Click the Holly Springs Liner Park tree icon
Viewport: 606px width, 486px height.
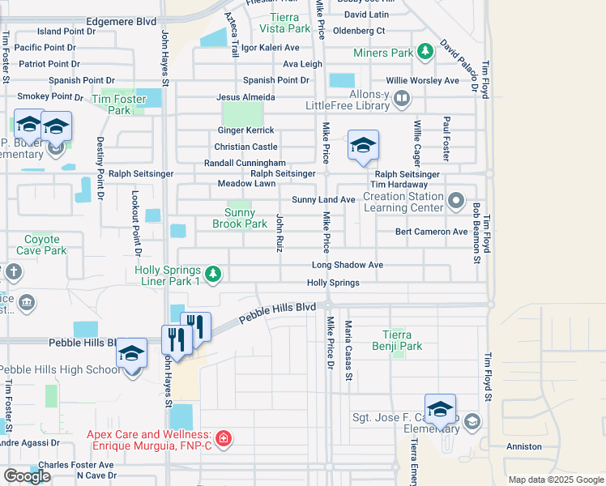[x=213, y=275]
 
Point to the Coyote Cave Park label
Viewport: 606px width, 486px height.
[x=42, y=245]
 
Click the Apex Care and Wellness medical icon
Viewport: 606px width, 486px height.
[x=223, y=440]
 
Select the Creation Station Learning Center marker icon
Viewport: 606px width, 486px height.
[x=457, y=199]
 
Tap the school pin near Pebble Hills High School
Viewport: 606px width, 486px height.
[x=131, y=355]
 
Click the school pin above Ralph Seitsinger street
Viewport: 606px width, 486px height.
[x=363, y=147]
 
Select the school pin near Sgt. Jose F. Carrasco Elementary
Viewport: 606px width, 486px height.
[x=440, y=410]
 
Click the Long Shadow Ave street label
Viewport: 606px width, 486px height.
[x=348, y=265]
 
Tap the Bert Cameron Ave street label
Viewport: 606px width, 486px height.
[x=431, y=232]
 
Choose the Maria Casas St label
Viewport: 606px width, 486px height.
[x=349, y=350]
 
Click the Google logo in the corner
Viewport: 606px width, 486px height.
[x=27, y=476]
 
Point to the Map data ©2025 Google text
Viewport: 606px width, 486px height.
[x=555, y=480]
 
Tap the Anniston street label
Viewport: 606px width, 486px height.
[x=523, y=446]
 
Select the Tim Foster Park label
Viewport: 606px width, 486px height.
[x=111, y=104]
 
